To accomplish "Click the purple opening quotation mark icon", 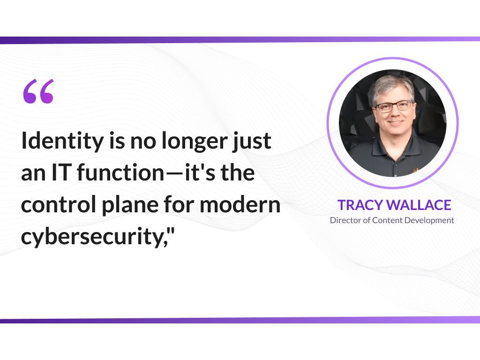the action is (38, 91).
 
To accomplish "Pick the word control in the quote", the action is (59, 204).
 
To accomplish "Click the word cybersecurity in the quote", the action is (91, 237).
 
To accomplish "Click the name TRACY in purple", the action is (360, 205).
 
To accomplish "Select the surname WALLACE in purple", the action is (419, 205).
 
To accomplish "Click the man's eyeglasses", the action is (394, 106).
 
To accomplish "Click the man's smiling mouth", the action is (396, 122).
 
